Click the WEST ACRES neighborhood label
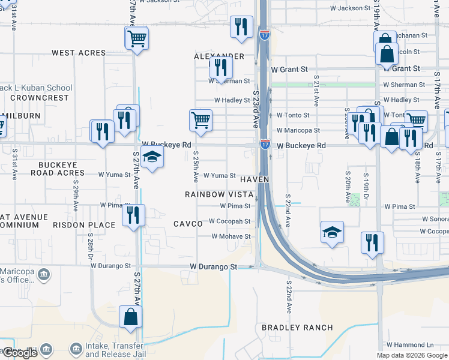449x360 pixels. click(x=79, y=53)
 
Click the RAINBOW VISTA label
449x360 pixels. click(x=218, y=194)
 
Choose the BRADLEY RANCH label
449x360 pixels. click(x=297, y=328)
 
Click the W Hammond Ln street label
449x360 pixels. click(x=410, y=345)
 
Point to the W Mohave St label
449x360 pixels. click(x=231, y=236)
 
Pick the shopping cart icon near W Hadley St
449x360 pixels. click(x=200, y=119)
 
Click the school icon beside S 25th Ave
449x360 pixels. click(x=153, y=158)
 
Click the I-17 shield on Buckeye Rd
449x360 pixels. click(x=265, y=145)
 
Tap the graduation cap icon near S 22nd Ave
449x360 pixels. click(x=331, y=231)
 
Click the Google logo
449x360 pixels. click(x=19, y=353)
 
